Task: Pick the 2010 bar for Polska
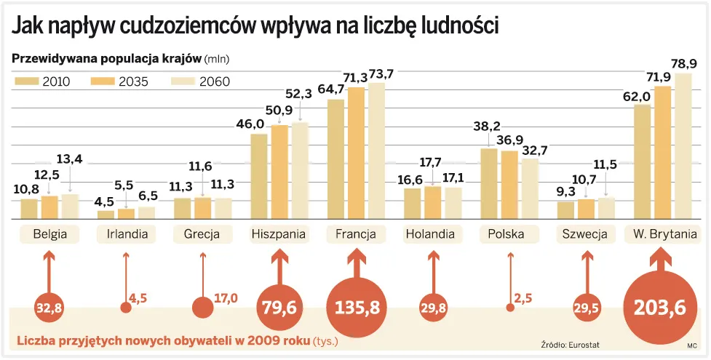(x=489, y=183)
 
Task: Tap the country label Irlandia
(x=127, y=234)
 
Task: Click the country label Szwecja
(x=585, y=234)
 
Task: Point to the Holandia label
(x=430, y=234)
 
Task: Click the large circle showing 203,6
(x=661, y=308)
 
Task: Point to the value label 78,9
(x=683, y=63)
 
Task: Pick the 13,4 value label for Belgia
(x=70, y=159)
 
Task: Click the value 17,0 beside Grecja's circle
(x=226, y=297)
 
